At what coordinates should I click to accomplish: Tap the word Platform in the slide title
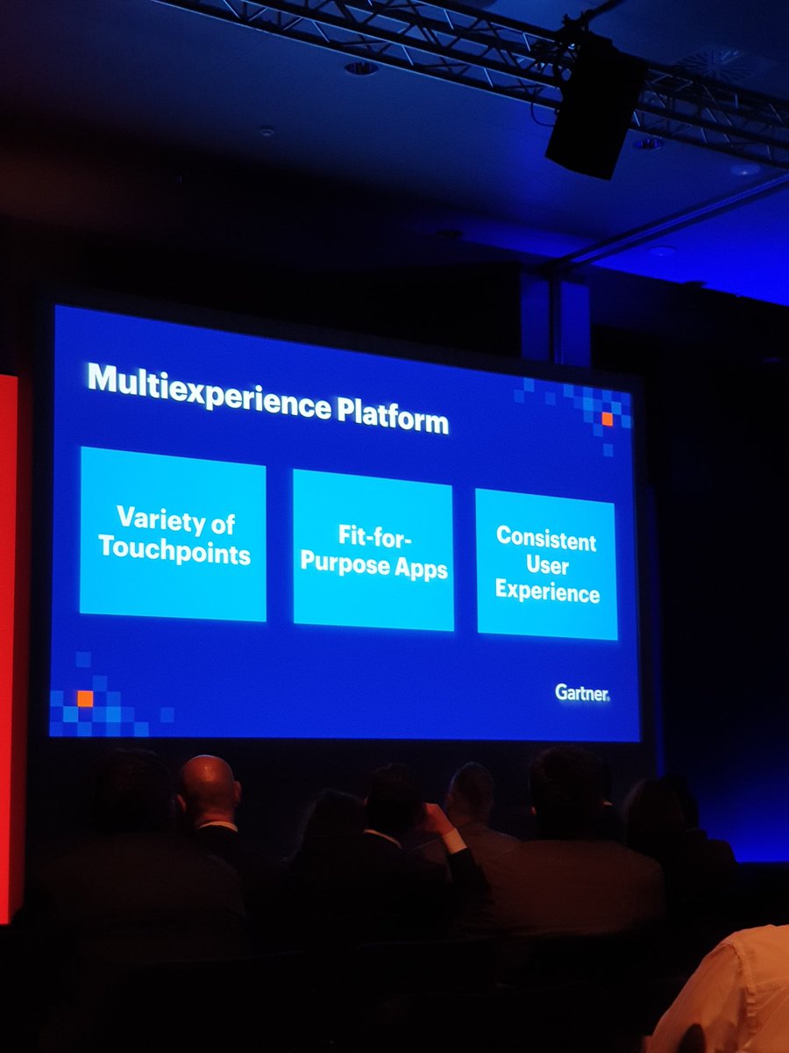(x=395, y=416)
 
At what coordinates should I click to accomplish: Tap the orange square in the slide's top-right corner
(x=607, y=419)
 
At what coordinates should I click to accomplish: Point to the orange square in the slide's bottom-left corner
(x=85, y=698)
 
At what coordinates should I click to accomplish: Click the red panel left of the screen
(x=8, y=641)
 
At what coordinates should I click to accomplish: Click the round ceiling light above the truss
(x=361, y=68)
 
